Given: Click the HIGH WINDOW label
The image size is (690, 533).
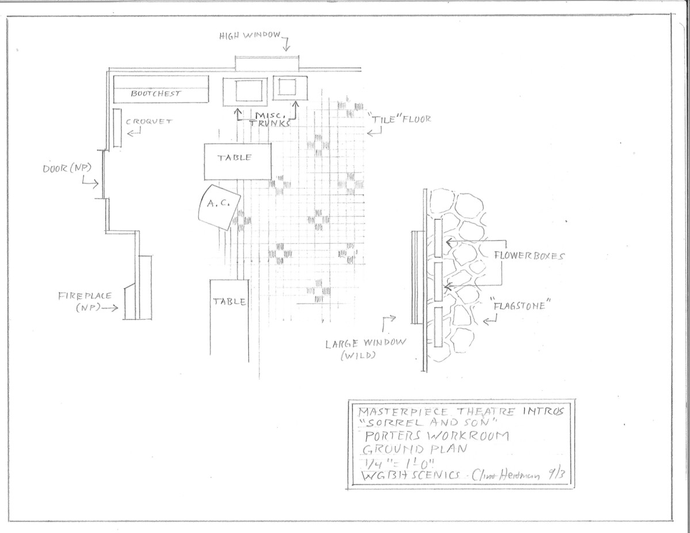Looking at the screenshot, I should pyautogui.click(x=250, y=36).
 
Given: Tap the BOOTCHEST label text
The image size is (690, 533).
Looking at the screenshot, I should pyautogui.click(x=156, y=93).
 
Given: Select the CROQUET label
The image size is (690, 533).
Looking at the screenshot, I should pyautogui.click(x=149, y=121).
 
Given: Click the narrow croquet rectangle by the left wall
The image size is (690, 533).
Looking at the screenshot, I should pyautogui.click(x=117, y=128).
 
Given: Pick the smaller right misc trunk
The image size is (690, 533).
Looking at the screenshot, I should pyautogui.click(x=287, y=88).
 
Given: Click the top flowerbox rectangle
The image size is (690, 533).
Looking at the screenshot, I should pyautogui.click(x=439, y=238).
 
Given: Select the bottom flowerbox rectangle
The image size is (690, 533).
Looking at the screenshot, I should pyautogui.click(x=439, y=327).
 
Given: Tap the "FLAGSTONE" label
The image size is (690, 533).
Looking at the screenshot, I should pyautogui.click(x=519, y=306).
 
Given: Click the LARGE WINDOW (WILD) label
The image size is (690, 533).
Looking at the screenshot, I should pyautogui.click(x=365, y=348).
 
